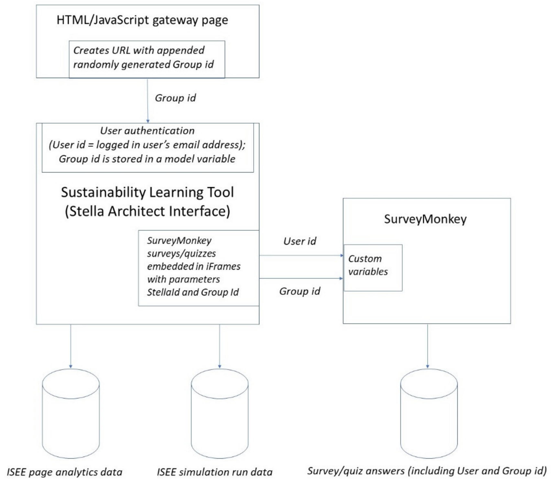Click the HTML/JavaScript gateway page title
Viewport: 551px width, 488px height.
(x=142, y=20)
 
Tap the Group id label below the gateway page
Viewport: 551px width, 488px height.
(x=175, y=98)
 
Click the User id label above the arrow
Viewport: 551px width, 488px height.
(x=300, y=241)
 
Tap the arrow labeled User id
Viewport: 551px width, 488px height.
(x=301, y=255)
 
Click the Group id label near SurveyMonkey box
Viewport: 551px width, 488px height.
(x=300, y=291)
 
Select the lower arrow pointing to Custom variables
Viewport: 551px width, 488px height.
(x=301, y=278)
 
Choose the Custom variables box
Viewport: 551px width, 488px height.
(x=373, y=268)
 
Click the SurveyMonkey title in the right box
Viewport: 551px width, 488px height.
(x=425, y=219)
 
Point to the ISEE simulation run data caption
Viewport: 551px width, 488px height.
(x=215, y=472)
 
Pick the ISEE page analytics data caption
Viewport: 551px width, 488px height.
(x=64, y=472)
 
